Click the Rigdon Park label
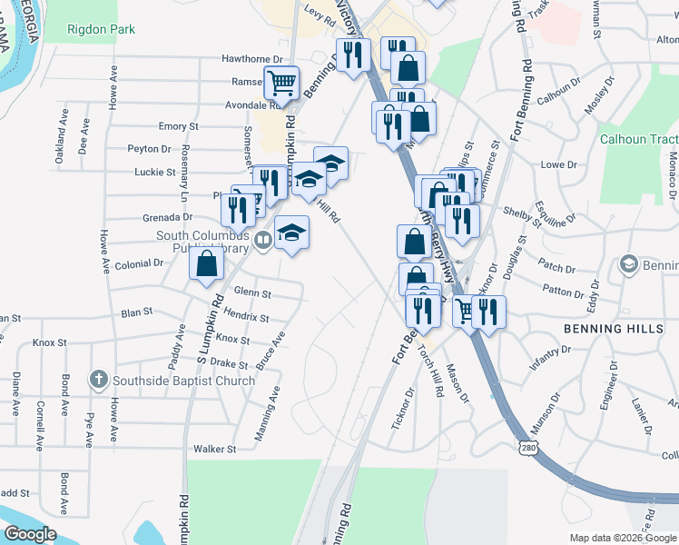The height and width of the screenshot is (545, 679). [x=102, y=29]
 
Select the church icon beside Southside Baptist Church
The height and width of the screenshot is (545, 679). [x=98, y=379]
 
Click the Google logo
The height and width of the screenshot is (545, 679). [x=30, y=534]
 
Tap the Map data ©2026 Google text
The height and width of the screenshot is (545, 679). [x=622, y=538]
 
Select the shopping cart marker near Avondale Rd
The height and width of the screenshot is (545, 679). [x=282, y=83]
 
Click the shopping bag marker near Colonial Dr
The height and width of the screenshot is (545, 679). [x=206, y=264]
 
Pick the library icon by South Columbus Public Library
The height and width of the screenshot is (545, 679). [x=262, y=241]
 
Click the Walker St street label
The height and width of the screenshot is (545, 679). [x=214, y=449]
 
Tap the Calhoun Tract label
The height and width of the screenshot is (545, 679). [x=639, y=139]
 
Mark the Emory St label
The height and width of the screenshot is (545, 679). [x=179, y=126]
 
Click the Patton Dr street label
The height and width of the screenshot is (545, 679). [x=564, y=292]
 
